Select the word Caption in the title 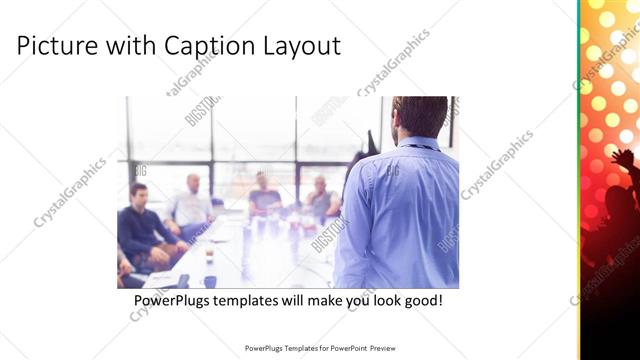click(215, 46)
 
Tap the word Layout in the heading click(304, 46)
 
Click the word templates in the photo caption click(255, 300)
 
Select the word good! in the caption click(421, 300)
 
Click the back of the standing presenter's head click(419, 115)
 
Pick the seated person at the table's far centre click(264, 194)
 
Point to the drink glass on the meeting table click(209, 259)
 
